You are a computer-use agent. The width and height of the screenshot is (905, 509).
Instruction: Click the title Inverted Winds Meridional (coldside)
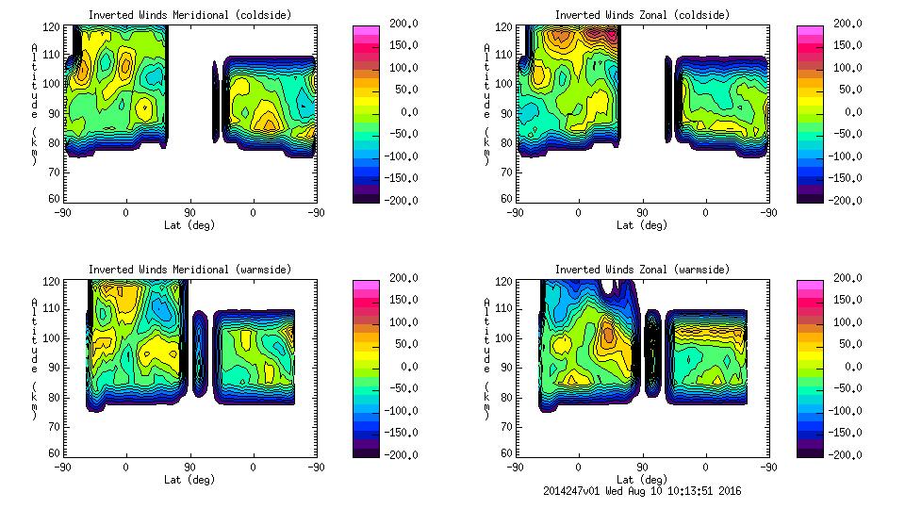(189, 15)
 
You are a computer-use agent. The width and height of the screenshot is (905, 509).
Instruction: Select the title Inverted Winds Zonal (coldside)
(642, 15)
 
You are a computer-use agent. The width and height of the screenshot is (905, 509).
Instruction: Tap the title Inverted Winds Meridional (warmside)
(189, 270)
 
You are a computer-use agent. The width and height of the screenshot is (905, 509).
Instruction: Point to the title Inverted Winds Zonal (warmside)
(642, 270)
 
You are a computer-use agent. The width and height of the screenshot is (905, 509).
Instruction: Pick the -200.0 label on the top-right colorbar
(847, 201)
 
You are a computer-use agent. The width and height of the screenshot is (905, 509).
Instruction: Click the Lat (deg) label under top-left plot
(189, 225)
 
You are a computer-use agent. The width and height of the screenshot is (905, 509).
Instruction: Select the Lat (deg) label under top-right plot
(642, 225)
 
